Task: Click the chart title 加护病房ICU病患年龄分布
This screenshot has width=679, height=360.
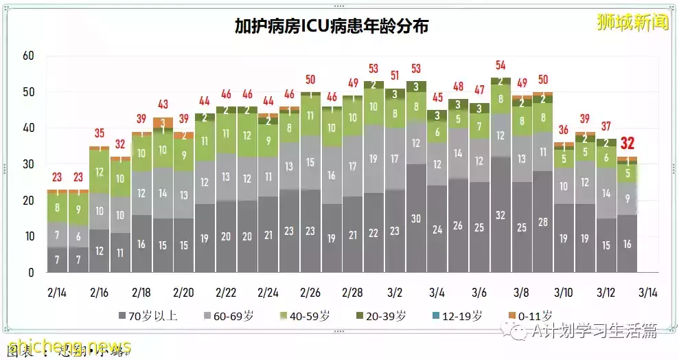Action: pyautogui.click(x=332, y=27)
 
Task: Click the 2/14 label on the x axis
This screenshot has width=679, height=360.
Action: pyautogui.click(x=58, y=292)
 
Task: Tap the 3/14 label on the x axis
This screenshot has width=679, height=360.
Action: pyautogui.click(x=647, y=292)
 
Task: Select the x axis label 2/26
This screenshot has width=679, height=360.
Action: pyautogui.click(x=310, y=292)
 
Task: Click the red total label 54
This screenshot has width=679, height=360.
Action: pyautogui.click(x=500, y=65)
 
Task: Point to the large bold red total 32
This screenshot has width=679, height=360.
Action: pyautogui.click(x=628, y=144)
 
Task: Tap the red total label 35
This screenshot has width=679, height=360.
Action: pyautogui.click(x=100, y=133)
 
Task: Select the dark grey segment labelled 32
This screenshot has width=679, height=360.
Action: pyautogui.click(x=500, y=214)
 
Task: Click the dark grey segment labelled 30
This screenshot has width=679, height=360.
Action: pyautogui.click(x=416, y=218)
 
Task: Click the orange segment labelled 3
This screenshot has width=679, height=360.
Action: pyautogui.click(x=163, y=122)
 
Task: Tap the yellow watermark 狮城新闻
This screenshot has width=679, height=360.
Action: pyautogui.click(x=632, y=22)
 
